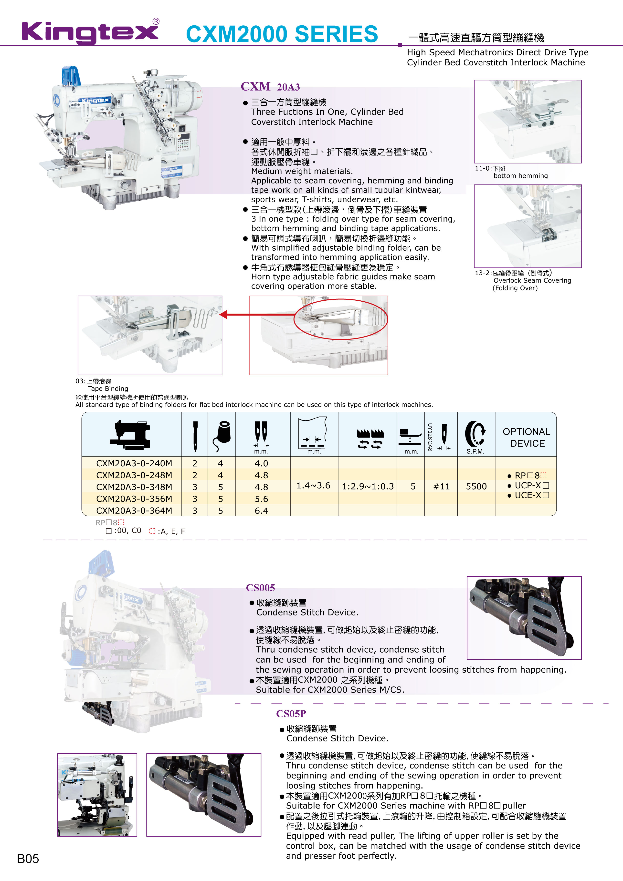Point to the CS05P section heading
click(291, 713)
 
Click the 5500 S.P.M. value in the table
click(476, 487)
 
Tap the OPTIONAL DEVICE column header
click(526, 437)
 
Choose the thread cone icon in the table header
click(222, 436)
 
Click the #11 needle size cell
click(441, 487)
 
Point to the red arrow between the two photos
click(234, 315)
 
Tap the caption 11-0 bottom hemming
click(511, 172)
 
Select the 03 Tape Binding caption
click(102, 385)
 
